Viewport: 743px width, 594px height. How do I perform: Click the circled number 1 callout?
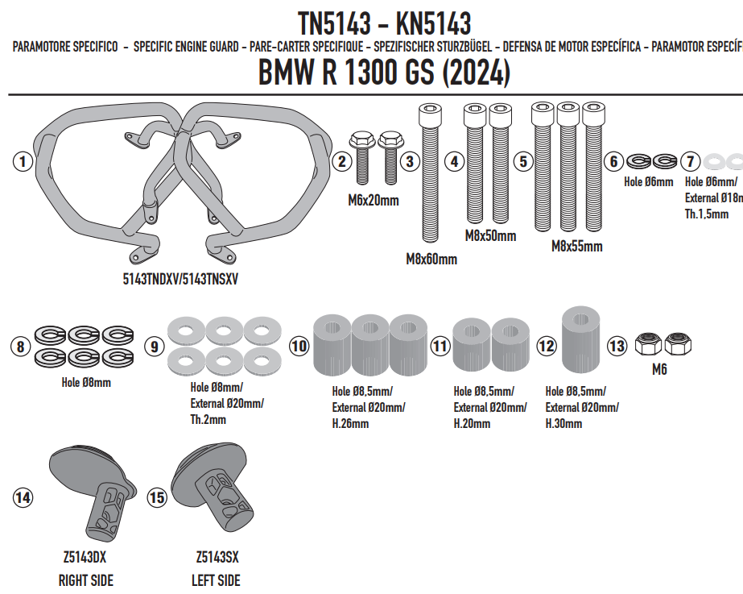click(23, 161)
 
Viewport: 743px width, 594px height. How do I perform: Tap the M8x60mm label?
click(431, 260)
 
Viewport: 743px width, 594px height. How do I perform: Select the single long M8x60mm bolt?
click(430, 173)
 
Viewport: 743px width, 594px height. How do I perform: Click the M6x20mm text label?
click(374, 201)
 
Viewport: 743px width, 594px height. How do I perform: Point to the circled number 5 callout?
click(523, 161)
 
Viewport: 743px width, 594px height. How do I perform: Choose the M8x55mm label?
click(576, 247)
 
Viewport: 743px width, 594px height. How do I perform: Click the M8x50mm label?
click(490, 236)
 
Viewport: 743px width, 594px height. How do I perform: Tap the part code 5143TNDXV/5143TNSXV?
click(180, 279)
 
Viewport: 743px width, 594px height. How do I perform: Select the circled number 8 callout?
click(20, 346)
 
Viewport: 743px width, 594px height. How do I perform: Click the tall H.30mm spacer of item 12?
click(581, 339)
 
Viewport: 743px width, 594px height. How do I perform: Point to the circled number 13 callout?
click(617, 346)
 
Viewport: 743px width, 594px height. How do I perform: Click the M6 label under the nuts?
click(659, 369)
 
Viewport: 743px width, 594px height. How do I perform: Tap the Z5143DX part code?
click(85, 556)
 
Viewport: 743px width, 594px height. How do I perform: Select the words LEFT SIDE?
click(216, 580)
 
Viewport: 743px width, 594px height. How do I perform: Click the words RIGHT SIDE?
click(86, 580)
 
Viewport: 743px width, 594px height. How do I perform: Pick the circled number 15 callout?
click(157, 497)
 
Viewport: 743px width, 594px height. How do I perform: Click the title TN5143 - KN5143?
click(384, 23)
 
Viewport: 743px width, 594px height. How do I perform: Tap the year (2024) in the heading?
click(476, 73)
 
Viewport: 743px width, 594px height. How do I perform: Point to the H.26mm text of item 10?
click(350, 424)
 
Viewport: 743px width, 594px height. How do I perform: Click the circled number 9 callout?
click(155, 347)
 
